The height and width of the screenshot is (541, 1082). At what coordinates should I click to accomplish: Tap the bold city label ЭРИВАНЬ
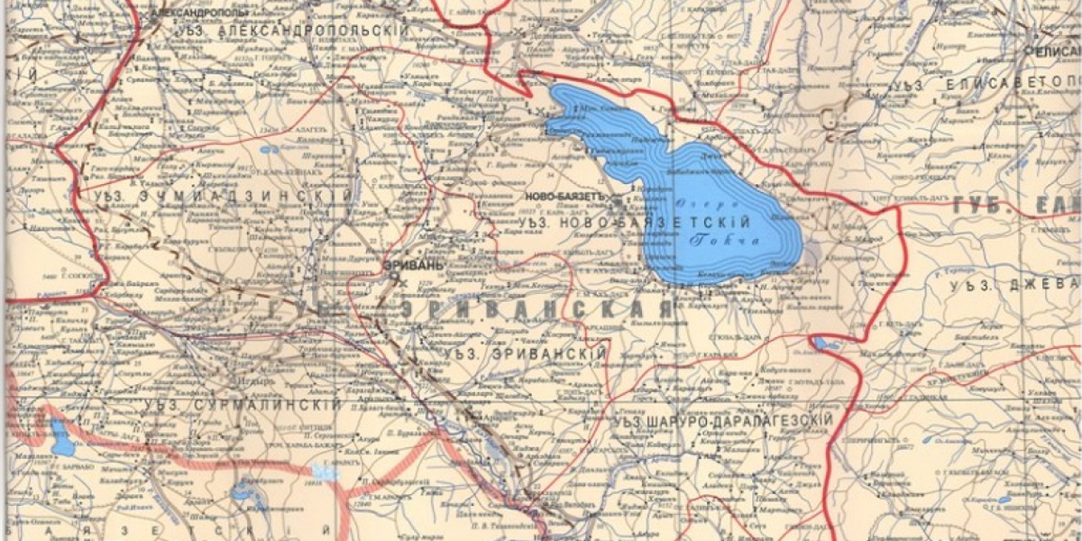[413, 265]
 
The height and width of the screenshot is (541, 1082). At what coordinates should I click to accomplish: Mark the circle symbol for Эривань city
[394, 280]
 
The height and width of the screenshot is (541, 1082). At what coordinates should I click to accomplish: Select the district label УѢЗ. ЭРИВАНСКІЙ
[525, 354]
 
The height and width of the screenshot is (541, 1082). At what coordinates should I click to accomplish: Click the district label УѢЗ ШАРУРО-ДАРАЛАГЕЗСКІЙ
[721, 420]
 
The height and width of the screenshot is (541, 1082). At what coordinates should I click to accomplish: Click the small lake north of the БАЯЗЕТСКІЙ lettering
[243, 491]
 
